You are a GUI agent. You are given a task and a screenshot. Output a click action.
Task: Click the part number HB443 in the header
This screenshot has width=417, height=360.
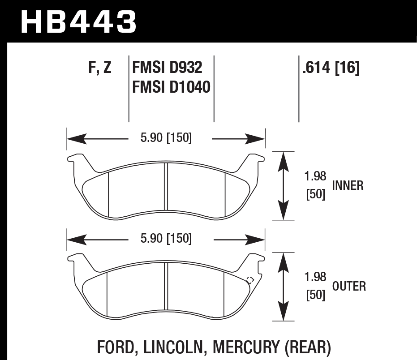click(78, 21)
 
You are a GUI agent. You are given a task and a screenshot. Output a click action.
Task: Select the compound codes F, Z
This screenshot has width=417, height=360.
click(99, 68)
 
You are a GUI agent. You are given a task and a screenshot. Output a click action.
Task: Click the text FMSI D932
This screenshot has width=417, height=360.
click(167, 68)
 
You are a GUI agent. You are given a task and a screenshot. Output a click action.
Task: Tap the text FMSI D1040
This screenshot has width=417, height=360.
click(171, 86)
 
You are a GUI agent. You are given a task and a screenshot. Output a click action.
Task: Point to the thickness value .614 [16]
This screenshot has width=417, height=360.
click(331, 68)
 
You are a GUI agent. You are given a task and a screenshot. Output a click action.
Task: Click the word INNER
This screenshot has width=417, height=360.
click(348, 185)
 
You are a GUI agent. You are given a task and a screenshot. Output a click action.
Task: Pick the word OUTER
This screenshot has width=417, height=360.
click(349, 286)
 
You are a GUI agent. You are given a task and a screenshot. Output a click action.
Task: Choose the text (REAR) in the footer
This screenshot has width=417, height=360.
click(310, 347)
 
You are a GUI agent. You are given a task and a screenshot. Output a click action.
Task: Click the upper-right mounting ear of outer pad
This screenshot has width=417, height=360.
click(254, 259)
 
